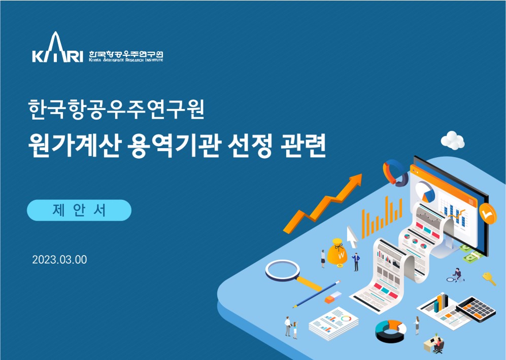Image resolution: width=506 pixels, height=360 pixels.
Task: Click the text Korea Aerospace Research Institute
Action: [126, 60]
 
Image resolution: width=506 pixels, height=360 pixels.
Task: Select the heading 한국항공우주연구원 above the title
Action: [116, 109]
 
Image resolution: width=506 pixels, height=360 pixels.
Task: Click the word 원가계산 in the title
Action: [74, 146]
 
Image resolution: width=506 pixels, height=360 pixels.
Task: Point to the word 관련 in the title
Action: [303, 146]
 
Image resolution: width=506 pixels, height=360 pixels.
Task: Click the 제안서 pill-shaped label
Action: [79, 210]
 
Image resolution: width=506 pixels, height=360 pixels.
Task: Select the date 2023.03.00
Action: [59, 260]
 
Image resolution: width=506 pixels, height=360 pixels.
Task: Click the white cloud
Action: [453, 140]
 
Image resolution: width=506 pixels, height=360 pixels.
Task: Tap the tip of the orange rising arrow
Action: [361, 175]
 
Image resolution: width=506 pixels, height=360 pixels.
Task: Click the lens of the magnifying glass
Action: [283, 270]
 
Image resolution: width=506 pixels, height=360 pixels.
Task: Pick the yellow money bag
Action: [337, 253]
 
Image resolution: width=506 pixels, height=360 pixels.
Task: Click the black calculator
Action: [477, 309]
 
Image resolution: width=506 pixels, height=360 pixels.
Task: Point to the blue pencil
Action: [317, 294]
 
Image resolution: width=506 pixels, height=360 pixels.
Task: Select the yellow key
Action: [489, 278]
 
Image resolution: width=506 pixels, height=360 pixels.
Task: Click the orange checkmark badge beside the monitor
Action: [487, 213]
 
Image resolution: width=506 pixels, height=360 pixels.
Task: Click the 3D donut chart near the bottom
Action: [391, 331]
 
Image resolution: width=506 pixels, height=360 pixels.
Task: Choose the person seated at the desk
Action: [438, 344]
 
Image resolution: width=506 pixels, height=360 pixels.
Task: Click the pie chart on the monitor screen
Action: [425, 192]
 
